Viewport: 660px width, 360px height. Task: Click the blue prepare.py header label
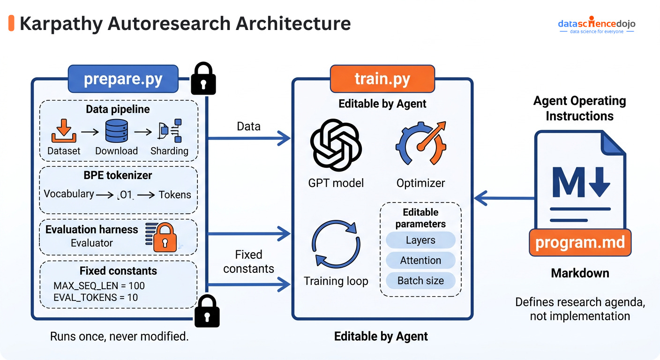coord(123,79)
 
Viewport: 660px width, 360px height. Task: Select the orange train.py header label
coord(382,79)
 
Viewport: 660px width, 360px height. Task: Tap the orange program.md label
coord(580,242)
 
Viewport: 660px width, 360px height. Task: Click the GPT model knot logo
coord(336,145)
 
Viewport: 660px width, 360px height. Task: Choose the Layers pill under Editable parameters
coord(420,240)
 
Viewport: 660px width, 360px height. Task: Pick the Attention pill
coord(420,261)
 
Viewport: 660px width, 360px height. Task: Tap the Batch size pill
coord(420,281)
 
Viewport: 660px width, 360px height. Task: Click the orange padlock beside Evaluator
coord(165,236)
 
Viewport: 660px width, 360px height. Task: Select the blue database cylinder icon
coord(117,131)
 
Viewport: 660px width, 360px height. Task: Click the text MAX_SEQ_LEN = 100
coord(99,285)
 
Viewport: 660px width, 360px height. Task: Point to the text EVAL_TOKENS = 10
coord(96,297)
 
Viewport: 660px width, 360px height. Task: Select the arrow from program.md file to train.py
coord(504,198)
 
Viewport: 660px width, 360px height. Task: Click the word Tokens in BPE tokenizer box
coord(175,195)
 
